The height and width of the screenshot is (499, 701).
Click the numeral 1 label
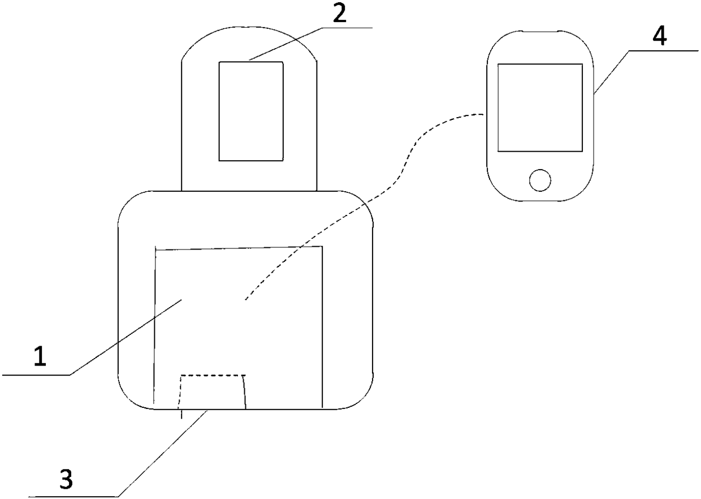[38, 358]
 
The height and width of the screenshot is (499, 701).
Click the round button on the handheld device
[539, 180]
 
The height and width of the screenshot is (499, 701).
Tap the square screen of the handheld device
[539, 107]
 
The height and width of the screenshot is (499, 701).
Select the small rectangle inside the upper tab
[251, 111]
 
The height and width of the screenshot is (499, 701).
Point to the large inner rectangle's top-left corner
[155, 249]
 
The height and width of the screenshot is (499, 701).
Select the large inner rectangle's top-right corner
[322, 246]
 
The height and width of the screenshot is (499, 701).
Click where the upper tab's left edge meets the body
[181, 190]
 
